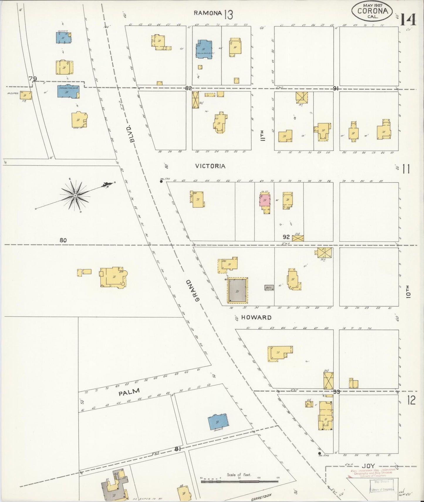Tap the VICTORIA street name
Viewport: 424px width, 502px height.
[210, 166]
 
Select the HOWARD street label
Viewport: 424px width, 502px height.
[256, 317]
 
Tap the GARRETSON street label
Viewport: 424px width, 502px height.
[261, 496]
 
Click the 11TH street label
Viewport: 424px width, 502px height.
[262, 136]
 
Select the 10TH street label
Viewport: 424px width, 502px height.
[408, 292]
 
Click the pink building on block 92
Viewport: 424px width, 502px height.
[265, 200]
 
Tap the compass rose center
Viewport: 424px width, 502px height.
[75, 195]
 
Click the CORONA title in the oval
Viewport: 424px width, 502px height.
[372, 11]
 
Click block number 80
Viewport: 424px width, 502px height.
[63, 240]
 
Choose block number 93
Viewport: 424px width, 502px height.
[336, 391]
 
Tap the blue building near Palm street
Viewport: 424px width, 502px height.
[218, 422]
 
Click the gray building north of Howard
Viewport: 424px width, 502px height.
[238, 290]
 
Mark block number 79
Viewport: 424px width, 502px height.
[33, 78]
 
